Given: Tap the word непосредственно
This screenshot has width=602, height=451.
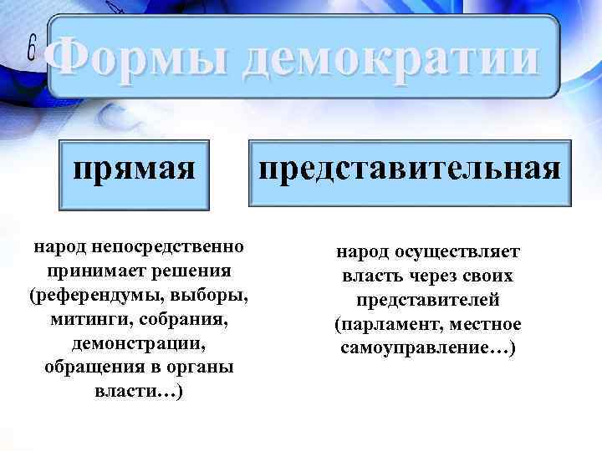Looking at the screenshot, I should pyautogui.click(x=170, y=247).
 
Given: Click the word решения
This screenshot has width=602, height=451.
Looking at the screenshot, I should pyautogui.click(x=193, y=271).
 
